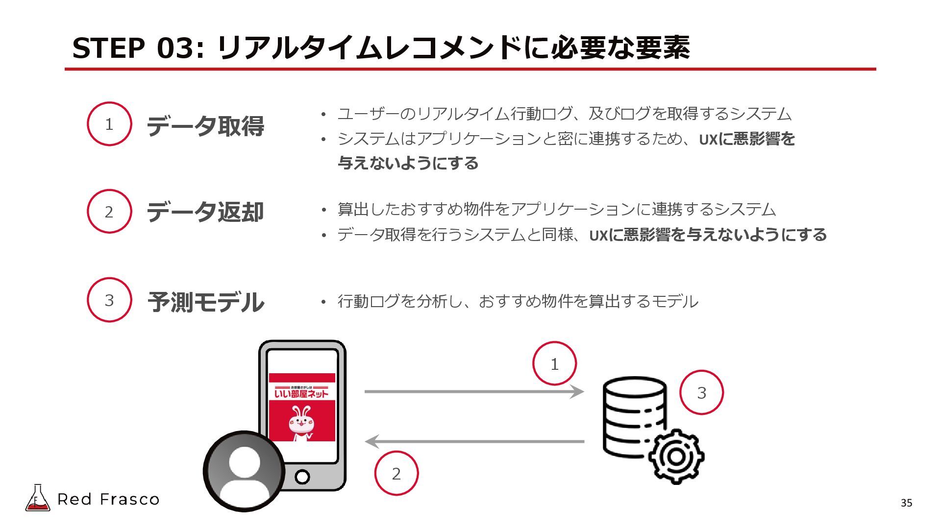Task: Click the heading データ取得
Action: tap(205, 126)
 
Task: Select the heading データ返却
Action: tap(205, 212)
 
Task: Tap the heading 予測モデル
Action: tap(206, 302)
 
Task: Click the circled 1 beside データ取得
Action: tap(109, 124)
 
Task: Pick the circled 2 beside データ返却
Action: tap(109, 212)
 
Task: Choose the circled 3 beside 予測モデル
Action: tap(109, 300)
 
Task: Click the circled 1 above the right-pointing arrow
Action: tap(554, 364)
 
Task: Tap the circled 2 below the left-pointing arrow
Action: tap(396, 473)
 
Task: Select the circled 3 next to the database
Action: tap(701, 392)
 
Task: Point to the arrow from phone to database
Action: tap(473, 392)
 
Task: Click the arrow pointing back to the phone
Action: tap(473, 441)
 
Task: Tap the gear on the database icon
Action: tap(676, 457)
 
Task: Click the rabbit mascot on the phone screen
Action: tap(301, 421)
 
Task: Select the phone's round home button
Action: tap(302, 476)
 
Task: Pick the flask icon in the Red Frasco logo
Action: tap(37, 498)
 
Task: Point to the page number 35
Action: tap(906, 503)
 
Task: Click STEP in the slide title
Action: tap(108, 48)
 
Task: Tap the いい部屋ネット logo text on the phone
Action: tap(301, 393)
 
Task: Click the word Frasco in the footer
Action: tap(129, 500)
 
